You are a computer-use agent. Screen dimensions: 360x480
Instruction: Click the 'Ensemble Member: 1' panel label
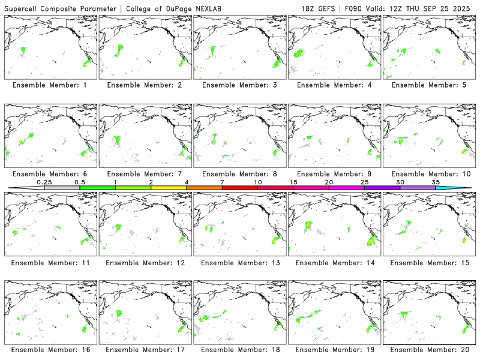pyautogui.click(x=49, y=85)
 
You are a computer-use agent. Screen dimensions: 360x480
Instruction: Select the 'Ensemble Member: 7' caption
pyautogui.click(x=144, y=173)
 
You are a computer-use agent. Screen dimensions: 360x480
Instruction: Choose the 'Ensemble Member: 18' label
pyautogui.click(x=239, y=349)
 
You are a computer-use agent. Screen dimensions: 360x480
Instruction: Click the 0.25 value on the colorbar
pyautogui.click(x=44, y=182)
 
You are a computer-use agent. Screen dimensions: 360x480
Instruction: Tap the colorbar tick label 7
pyautogui.click(x=222, y=182)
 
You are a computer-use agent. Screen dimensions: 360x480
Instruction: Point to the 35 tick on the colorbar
pyautogui.click(x=436, y=182)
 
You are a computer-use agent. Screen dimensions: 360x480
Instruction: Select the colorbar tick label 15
pyautogui.click(x=293, y=182)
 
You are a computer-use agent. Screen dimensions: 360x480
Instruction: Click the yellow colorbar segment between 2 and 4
pyautogui.click(x=169, y=188)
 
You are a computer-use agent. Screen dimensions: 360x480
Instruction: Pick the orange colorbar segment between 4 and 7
pyautogui.click(x=204, y=188)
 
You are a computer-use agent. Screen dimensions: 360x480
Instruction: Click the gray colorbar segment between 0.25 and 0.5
pyautogui.click(x=62, y=188)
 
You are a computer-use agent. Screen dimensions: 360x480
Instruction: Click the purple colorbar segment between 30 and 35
pyautogui.click(x=418, y=188)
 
